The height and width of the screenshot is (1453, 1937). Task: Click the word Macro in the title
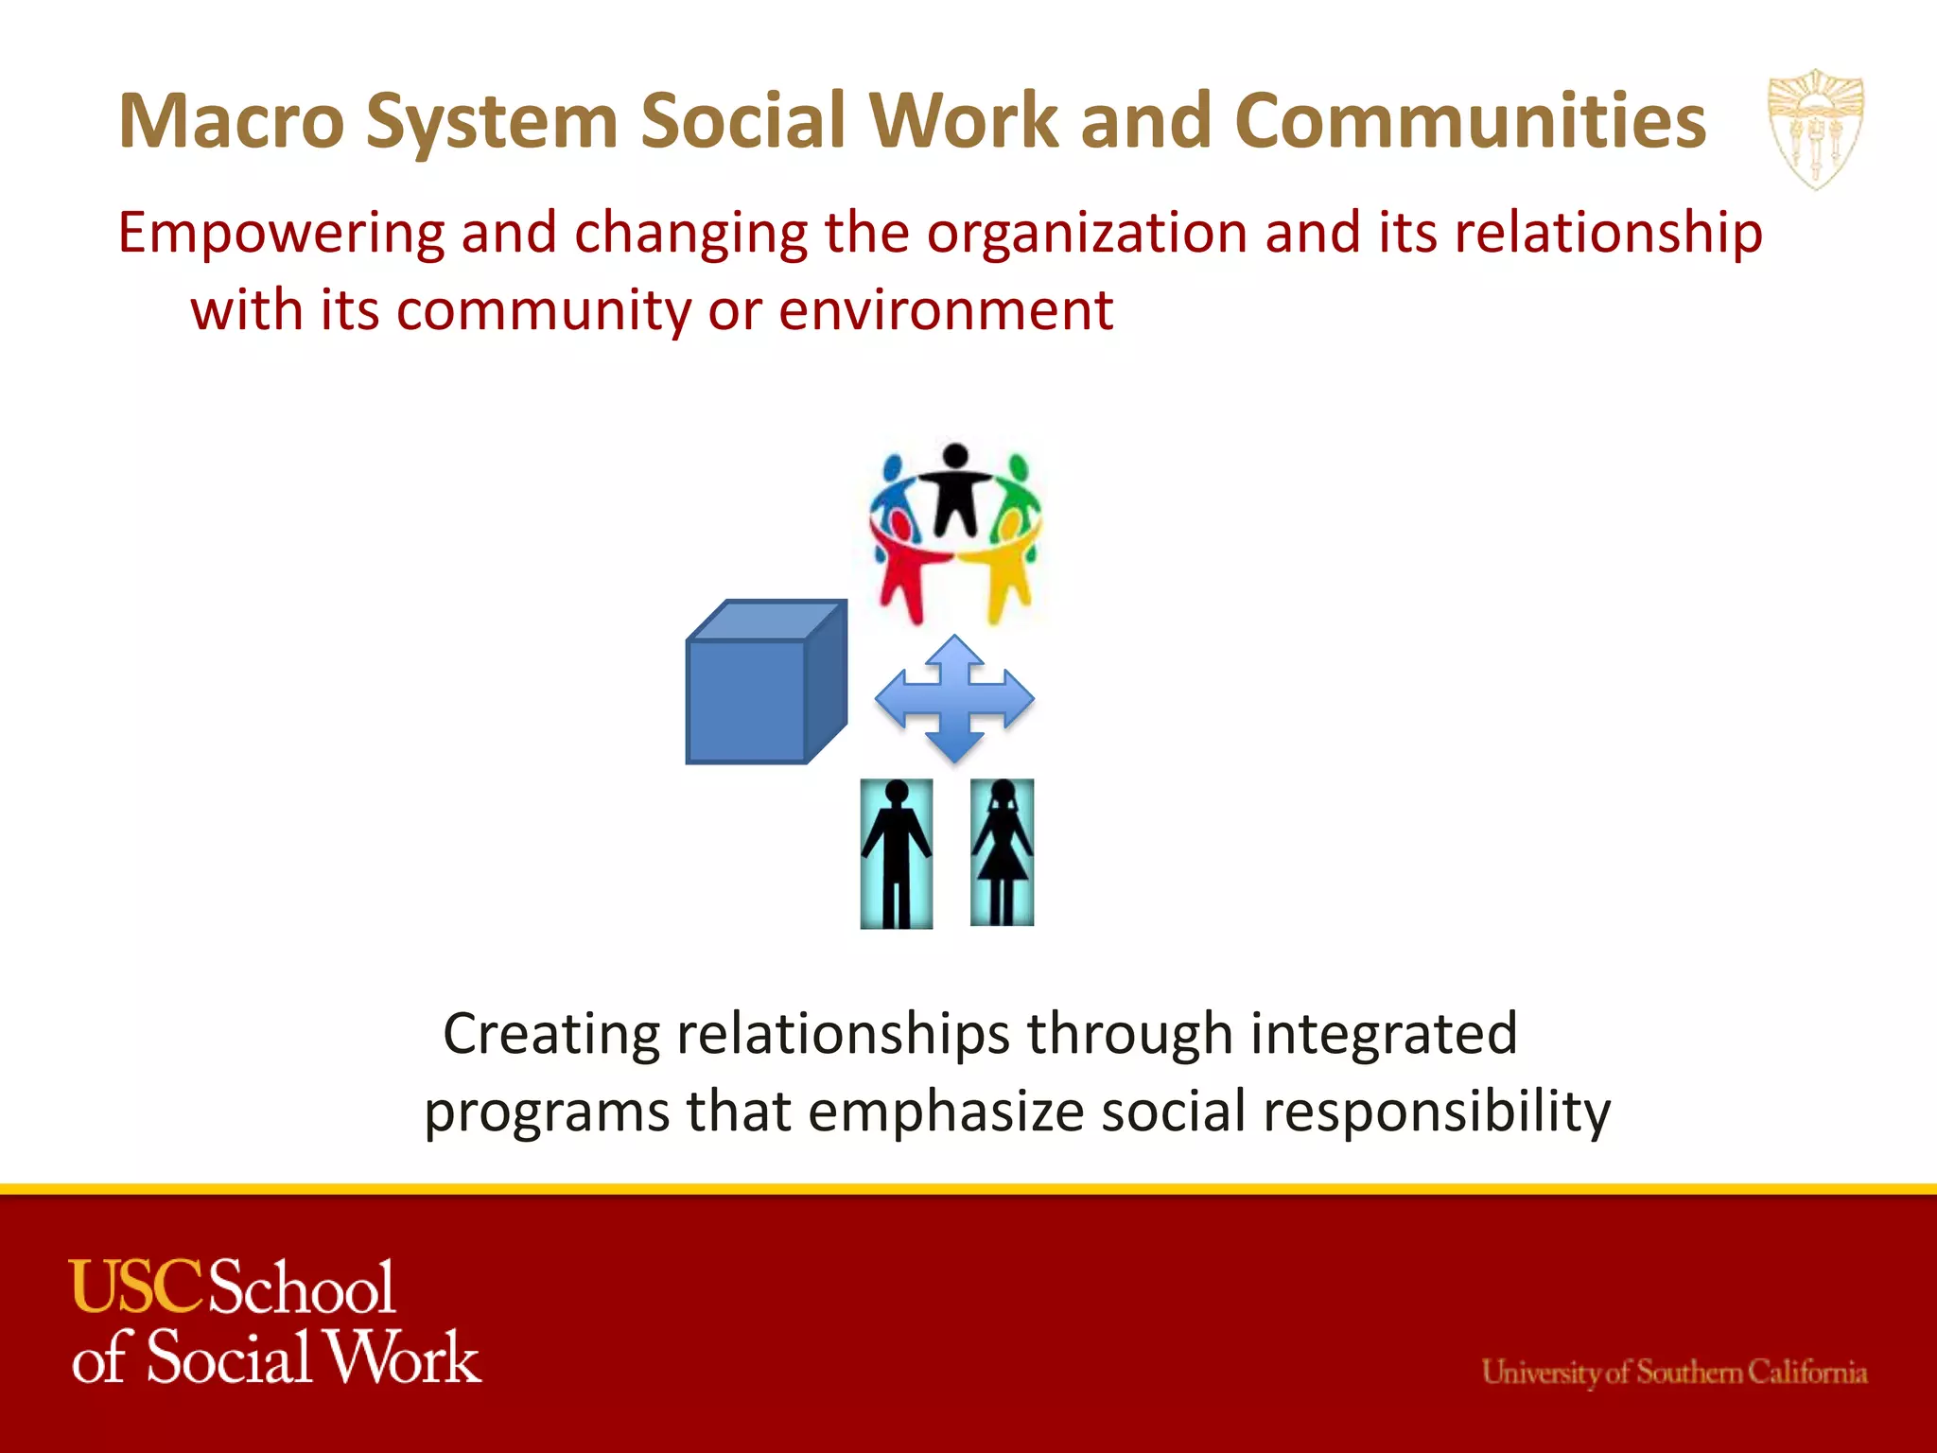pyautogui.click(x=232, y=122)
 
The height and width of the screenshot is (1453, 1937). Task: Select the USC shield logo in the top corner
pyautogui.click(x=1814, y=128)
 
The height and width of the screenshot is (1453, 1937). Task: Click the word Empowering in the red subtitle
pyautogui.click(x=280, y=235)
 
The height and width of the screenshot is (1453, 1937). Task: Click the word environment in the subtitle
pyautogui.click(x=945, y=310)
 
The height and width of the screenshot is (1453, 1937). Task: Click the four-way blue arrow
pyautogui.click(x=953, y=699)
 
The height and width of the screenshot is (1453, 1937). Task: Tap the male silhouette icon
pyautogui.click(x=896, y=853)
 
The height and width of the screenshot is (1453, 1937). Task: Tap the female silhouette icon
pyautogui.click(x=1002, y=852)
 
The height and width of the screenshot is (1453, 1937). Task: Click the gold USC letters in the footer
pyautogui.click(x=136, y=1288)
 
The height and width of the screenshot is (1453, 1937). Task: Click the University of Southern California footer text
pyautogui.click(x=1674, y=1373)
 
